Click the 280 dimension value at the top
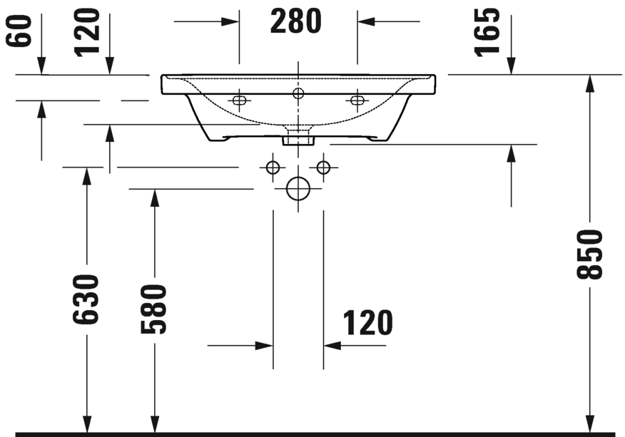click(x=297, y=21)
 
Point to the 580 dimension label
click(x=153, y=309)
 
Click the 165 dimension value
click(x=487, y=31)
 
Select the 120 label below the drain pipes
click(x=368, y=323)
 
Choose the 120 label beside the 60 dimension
click(x=88, y=31)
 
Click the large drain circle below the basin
click(x=298, y=189)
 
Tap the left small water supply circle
click(x=272, y=168)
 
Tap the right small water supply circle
click(x=324, y=168)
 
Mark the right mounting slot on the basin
click(x=356, y=100)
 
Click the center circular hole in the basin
click(x=298, y=93)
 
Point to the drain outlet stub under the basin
click(x=298, y=137)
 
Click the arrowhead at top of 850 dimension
click(x=590, y=83)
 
